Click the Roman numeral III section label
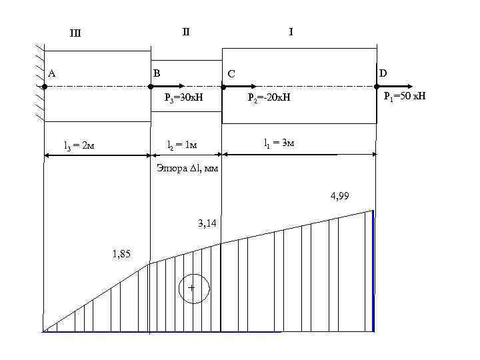click(x=75, y=34)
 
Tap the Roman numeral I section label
click(x=291, y=31)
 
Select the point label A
click(x=51, y=73)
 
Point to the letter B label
click(x=157, y=72)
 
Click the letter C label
click(x=231, y=73)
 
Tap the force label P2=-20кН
click(x=269, y=99)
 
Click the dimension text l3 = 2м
click(x=79, y=145)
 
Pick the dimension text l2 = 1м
click(x=181, y=145)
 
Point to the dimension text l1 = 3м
click(x=279, y=142)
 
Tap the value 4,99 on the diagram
click(x=340, y=196)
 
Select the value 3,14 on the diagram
click(x=207, y=223)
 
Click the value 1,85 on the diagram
click(x=121, y=253)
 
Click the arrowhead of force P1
click(x=410, y=87)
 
